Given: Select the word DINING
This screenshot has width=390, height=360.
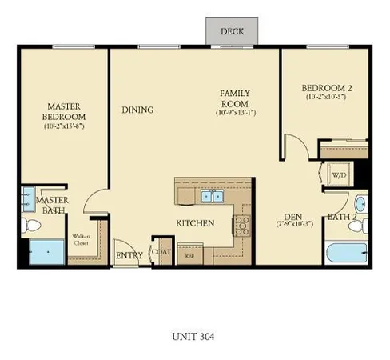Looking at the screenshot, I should [137, 110].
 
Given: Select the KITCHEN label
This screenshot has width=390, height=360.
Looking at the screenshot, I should [195, 222].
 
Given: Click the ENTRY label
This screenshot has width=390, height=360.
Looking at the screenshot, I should [129, 256].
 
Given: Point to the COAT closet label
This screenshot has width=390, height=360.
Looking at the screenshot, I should [163, 250].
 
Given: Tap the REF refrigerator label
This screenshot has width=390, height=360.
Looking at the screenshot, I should [190, 257].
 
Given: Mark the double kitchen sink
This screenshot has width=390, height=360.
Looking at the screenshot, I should [212, 195].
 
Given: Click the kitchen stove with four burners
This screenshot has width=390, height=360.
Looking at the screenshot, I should [242, 225].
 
